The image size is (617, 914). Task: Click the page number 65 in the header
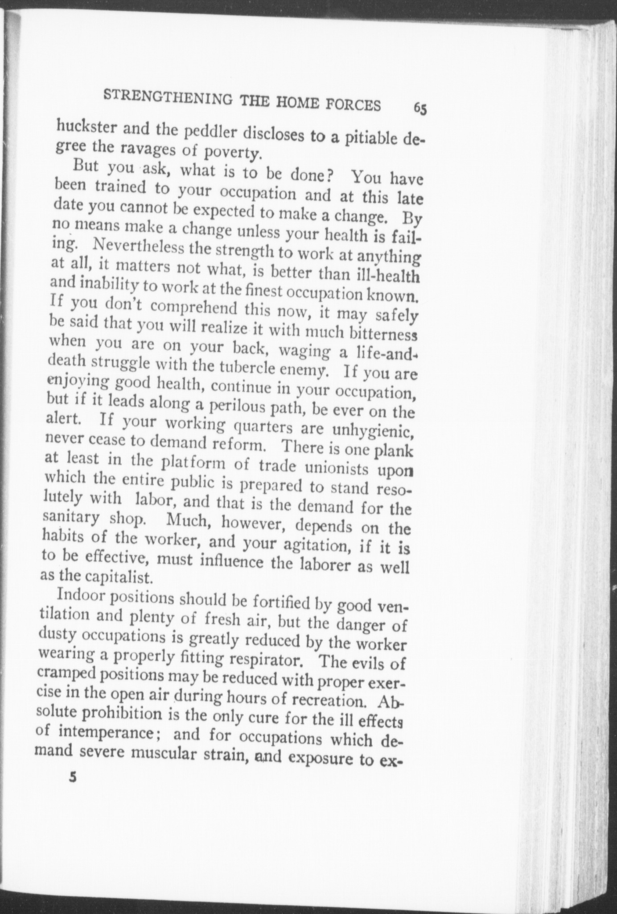(x=420, y=108)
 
